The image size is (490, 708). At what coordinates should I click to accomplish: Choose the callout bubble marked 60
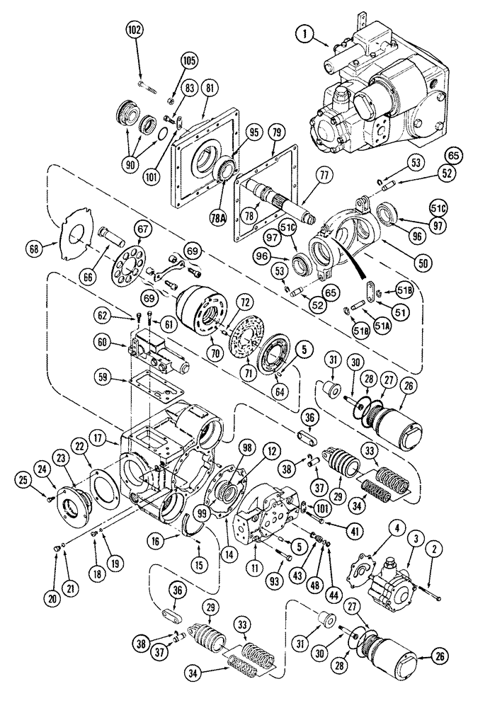(x=103, y=343)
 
